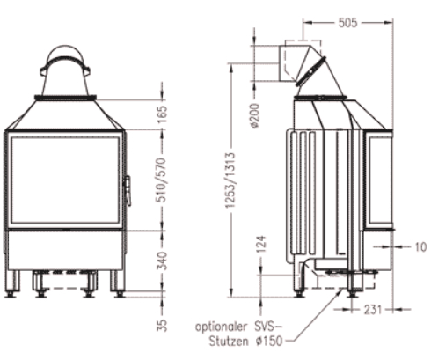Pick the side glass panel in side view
(380, 180)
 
